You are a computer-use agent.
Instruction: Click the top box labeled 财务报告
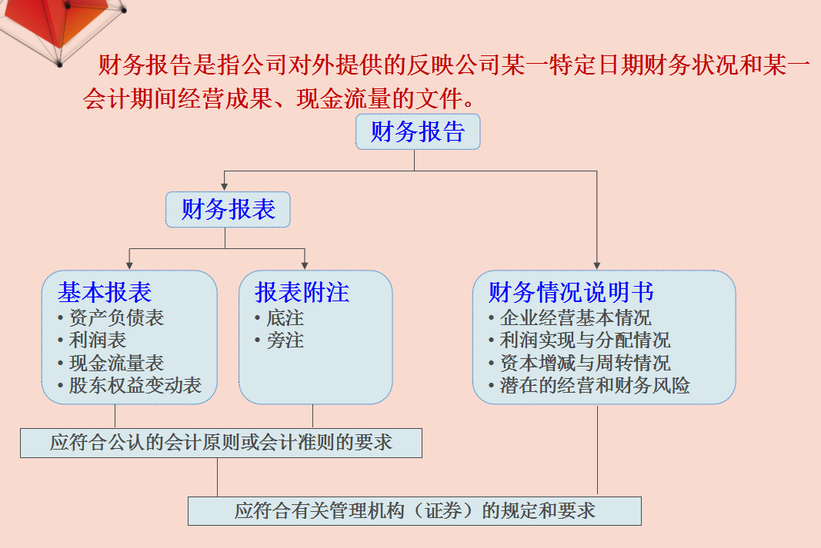pyautogui.click(x=418, y=132)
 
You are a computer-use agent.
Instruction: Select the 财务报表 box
pyautogui.click(x=228, y=209)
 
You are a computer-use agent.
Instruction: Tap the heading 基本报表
pyautogui.click(x=105, y=292)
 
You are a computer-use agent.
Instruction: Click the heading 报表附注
pyautogui.click(x=302, y=292)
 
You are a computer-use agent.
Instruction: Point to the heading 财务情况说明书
pyautogui.click(x=572, y=292)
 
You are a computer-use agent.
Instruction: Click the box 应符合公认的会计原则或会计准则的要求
pyautogui.click(x=221, y=443)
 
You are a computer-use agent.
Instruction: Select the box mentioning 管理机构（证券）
pyautogui.click(x=414, y=511)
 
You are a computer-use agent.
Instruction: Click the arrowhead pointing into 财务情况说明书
pyautogui.click(x=597, y=264)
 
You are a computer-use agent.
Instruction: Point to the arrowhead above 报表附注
pyautogui.click(x=305, y=264)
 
